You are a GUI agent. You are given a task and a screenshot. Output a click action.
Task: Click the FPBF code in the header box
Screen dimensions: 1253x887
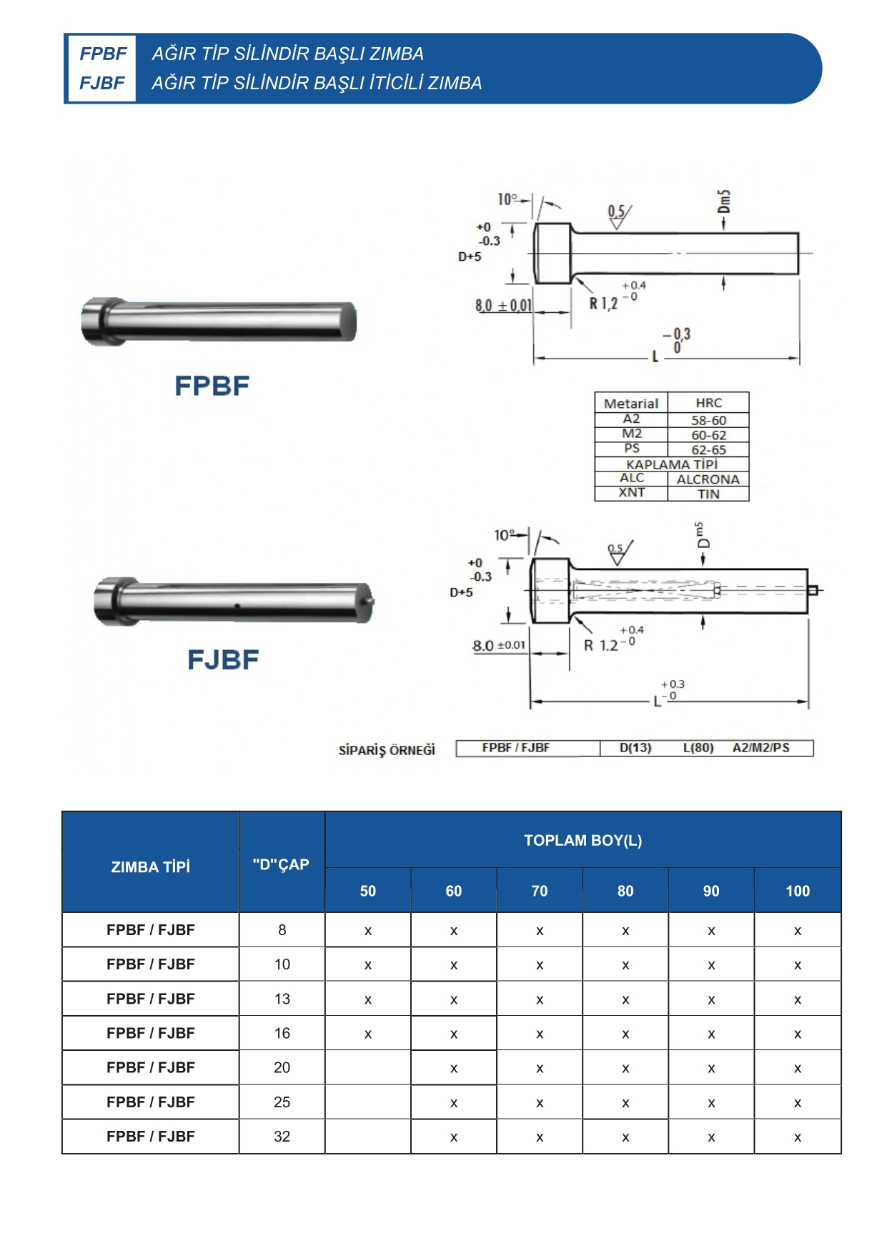click(103, 54)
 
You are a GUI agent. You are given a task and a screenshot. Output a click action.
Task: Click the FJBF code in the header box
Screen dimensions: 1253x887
click(102, 83)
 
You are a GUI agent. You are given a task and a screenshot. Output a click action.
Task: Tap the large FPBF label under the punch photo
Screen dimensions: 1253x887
click(212, 386)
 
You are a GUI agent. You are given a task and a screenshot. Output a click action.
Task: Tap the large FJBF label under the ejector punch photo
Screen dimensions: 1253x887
click(223, 659)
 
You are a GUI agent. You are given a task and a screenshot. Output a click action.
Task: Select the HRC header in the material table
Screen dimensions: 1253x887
click(708, 403)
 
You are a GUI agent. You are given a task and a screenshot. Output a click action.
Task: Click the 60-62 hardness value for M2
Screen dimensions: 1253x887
click(708, 435)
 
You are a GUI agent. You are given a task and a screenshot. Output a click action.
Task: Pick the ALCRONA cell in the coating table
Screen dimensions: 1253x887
click(708, 479)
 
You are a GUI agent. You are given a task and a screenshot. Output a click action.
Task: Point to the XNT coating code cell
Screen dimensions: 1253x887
click(631, 493)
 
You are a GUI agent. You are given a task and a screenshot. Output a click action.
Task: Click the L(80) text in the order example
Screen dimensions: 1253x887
click(698, 748)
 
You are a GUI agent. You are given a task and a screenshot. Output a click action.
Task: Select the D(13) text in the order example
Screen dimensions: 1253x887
click(635, 748)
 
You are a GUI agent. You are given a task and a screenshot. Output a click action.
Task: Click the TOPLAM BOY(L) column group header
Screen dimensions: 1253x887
click(583, 840)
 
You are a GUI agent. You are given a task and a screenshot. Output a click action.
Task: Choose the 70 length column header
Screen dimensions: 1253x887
click(540, 891)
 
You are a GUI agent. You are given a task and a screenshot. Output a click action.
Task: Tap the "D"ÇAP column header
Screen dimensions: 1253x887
click(281, 864)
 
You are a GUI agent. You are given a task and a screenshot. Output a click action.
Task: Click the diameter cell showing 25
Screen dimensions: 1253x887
click(282, 1102)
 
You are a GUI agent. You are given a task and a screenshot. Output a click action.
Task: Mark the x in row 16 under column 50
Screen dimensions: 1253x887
click(368, 1034)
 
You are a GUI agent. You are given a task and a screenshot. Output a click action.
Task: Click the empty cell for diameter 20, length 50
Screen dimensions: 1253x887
click(368, 1067)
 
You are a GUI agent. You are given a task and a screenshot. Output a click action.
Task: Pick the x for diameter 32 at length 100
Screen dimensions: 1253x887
click(798, 1137)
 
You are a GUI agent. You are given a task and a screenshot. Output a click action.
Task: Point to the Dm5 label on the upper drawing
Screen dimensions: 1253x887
click(724, 201)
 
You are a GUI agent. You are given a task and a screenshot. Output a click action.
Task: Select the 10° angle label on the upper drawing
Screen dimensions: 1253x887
click(506, 199)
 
